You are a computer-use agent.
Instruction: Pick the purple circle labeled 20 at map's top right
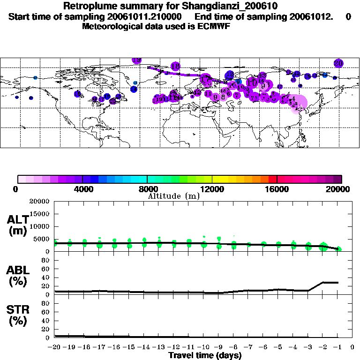(338, 63)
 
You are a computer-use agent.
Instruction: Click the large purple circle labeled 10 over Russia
(252, 83)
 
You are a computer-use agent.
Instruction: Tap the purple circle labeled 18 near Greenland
(176, 67)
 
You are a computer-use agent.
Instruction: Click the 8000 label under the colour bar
(147, 189)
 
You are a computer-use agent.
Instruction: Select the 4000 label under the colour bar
(82, 189)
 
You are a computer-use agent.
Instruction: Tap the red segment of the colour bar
(272, 179)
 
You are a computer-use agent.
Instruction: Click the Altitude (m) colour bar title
(173, 196)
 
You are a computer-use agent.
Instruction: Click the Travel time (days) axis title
(204, 356)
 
